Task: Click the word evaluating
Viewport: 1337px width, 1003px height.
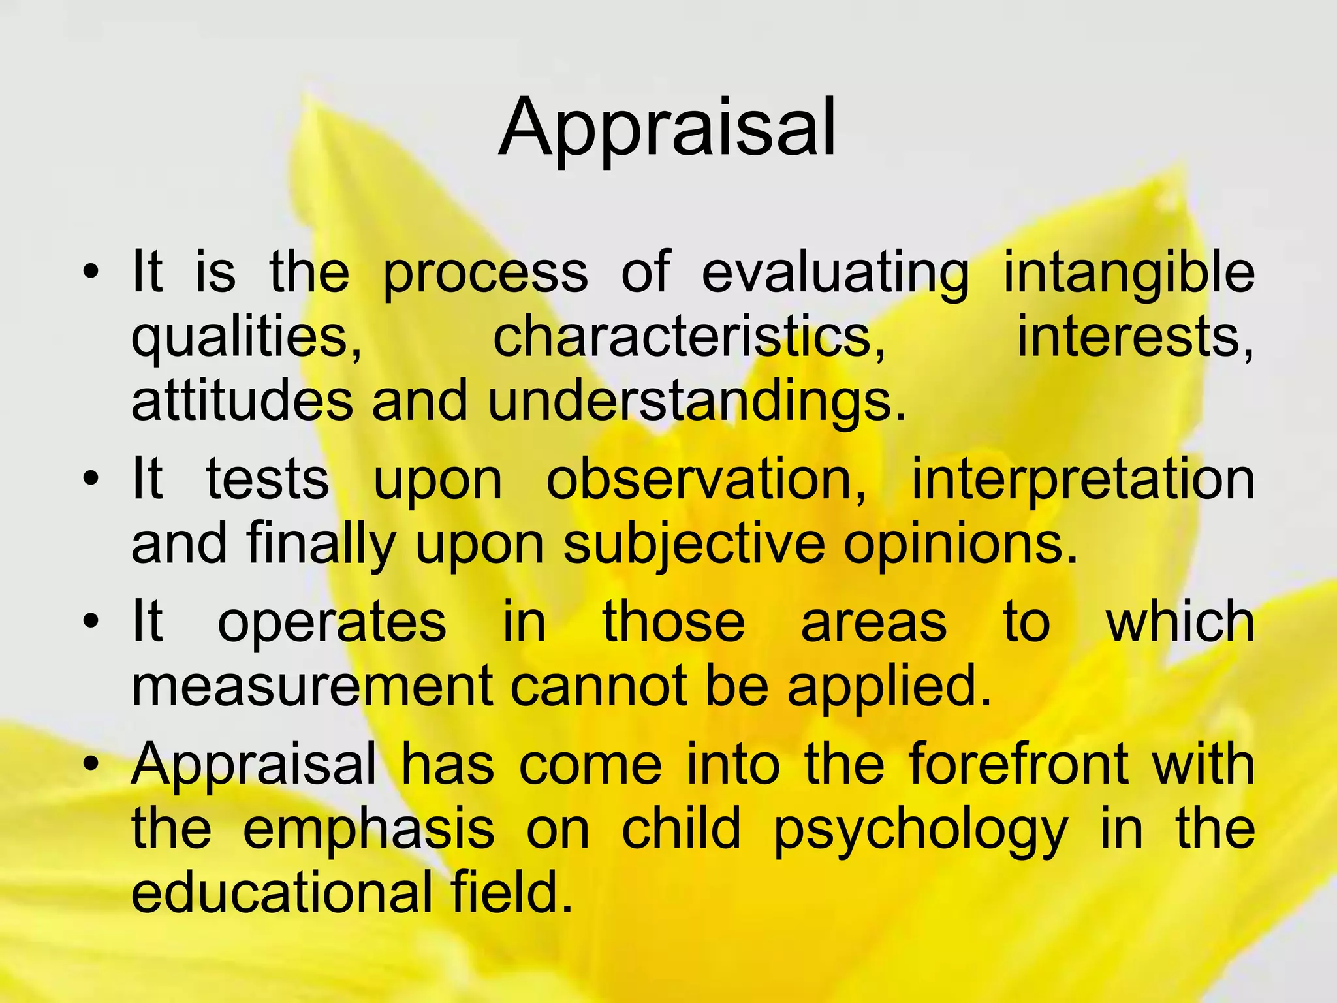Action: pyautogui.click(x=835, y=273)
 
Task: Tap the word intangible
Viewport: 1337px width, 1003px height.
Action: pyautogui.click(x=1128, y=273)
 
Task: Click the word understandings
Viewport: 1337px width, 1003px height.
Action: pyautogui.click(x=697, y=400)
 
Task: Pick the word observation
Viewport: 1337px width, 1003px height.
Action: pyautogui.click(x=706, y=480)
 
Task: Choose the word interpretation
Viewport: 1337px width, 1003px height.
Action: pyautogui.click(x=1082, y=480)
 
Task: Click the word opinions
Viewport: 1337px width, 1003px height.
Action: pyautogui.click(x=960, y=544)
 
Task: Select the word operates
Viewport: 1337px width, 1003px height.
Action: pyautogui.click(x=332, y=622)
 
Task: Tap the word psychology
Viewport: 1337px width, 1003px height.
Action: pyautogui.click(x=920, y=829)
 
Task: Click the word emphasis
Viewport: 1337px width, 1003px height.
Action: pyautogui.click(x=368, y=829)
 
